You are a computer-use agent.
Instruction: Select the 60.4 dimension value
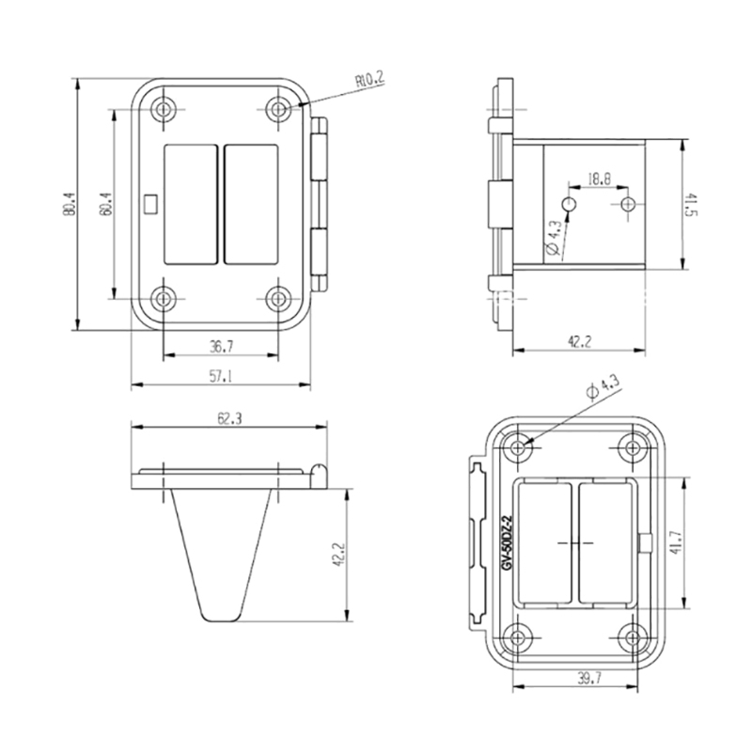(x=105, y=204)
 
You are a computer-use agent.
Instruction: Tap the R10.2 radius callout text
(x=369, y=79)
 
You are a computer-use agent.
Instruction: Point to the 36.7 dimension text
(x=221, y=346)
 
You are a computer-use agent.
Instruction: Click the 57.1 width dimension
(x=221, y=377)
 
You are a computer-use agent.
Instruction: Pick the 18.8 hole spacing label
(x=599, y=180)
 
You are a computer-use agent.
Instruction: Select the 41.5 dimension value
(x=691, y=204)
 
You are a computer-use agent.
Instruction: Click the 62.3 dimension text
(x=229, y=418)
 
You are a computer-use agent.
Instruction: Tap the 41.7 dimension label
(x=676, y=543)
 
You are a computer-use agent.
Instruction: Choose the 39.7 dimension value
(x=589, y=678)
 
